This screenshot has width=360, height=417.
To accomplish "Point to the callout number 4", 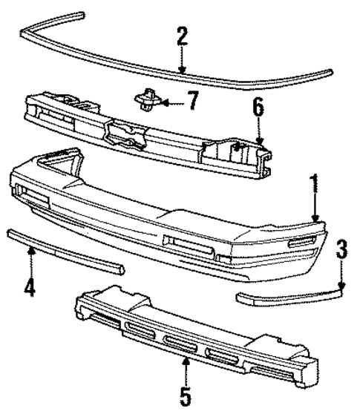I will point(30,285).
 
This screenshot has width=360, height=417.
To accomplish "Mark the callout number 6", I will point(258,110).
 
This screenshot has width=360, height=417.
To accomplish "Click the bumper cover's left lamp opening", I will point(33,198).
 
